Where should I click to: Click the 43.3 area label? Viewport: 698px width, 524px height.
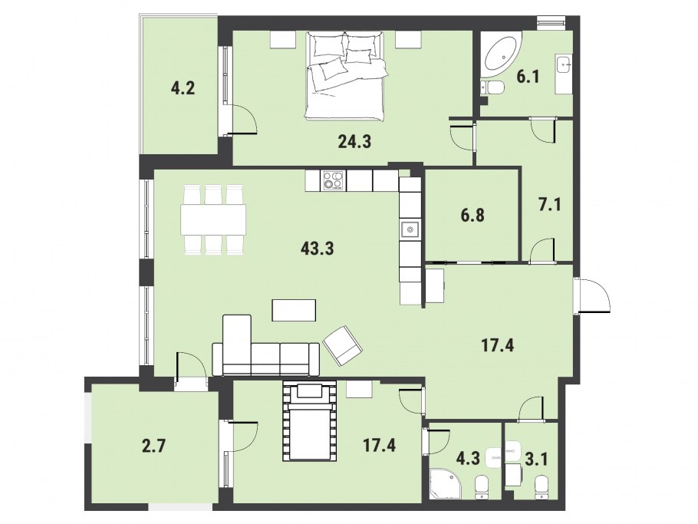(317, 249)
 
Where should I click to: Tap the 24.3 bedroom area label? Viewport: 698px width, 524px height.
(354, 142)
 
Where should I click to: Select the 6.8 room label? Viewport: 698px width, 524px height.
(472, 216)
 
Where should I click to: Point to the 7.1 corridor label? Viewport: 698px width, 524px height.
(550, 205)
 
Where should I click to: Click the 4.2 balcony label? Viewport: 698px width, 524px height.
(183, 88)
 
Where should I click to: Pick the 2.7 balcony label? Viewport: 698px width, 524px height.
(154, 445)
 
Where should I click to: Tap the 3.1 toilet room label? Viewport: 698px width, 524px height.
(536, 459)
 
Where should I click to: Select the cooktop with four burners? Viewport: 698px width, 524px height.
(334, 180)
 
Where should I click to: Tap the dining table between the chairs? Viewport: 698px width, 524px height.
(214, 220)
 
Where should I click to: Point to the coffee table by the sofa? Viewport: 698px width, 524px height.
(294, 310)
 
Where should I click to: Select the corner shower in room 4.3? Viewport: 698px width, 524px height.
(445, 483)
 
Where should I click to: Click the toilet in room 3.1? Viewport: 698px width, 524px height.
(541, 489)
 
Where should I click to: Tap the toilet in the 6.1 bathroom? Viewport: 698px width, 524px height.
(492, 87)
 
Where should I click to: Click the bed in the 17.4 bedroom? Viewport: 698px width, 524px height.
(310, 421)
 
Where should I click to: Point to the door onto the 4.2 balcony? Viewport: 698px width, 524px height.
(241, 120)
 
